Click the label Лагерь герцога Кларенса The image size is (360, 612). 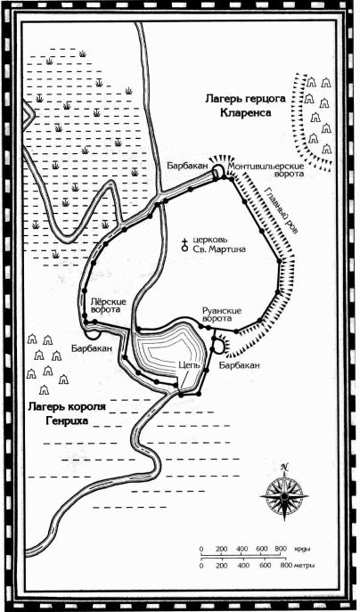[x=245, y=105]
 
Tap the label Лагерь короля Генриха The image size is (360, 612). [x=67, y=414]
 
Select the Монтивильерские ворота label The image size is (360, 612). [x=266, y=170]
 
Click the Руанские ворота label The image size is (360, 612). [x=222, y=314]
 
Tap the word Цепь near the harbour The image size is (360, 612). [x=190, y=366]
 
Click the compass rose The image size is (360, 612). [x=284, y=495]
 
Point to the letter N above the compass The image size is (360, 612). [x=284, y=467]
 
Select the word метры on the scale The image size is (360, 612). [x=303, y=565]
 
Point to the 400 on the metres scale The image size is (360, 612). [x=243, y=565]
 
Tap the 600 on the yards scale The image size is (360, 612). [x=262, y=549]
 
